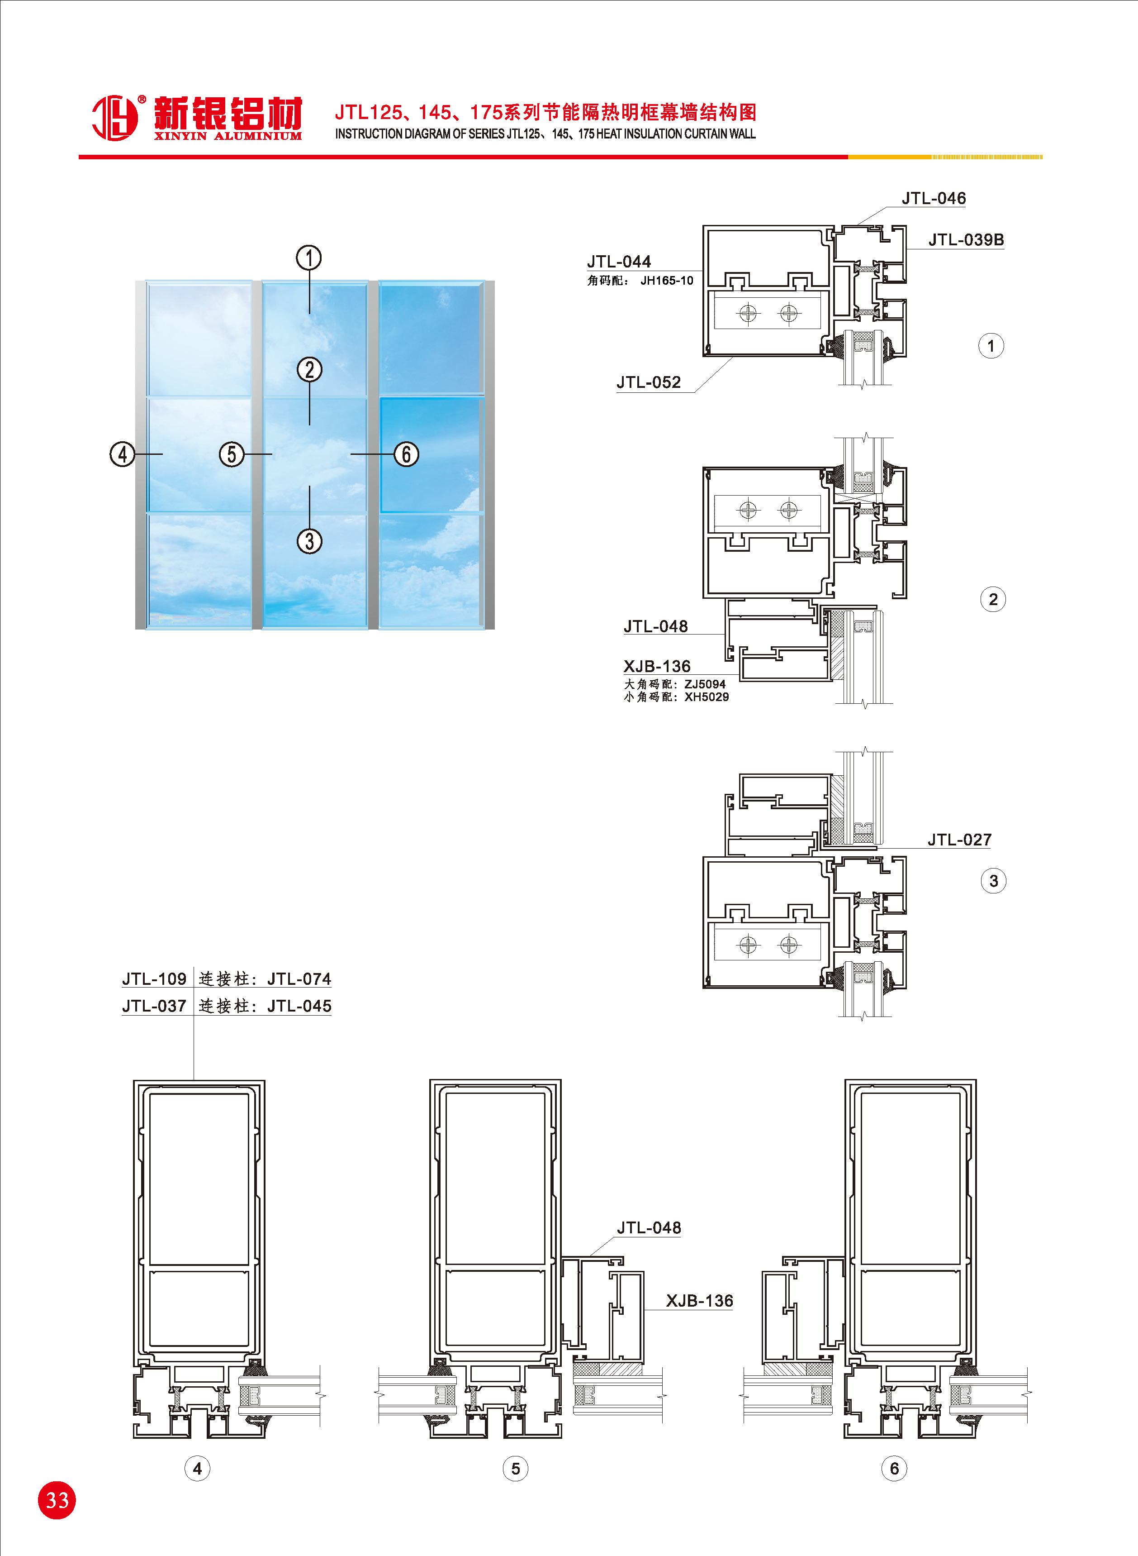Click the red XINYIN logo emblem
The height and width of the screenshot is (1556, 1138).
(x=115, y=118)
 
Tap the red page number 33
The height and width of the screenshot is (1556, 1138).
(x=57, y=1500)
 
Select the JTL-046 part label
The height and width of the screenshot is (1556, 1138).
(x=934, y=199)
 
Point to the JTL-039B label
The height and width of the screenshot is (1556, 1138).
(x=966, y=240)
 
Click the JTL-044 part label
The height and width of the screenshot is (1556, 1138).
(x=619, y=262)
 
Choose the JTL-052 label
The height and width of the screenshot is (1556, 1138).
(x=648, y=382)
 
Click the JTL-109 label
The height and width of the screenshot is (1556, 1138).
(x=154, y=979)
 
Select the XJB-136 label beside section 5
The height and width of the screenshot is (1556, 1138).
(x=699, y=1301)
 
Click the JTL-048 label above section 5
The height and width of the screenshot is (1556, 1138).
(x=649, y=1228)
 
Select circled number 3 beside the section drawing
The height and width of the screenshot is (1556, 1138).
(x=993, y=881)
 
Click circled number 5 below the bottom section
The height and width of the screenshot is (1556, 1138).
(x=515, y=1469)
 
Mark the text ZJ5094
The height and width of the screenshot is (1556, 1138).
(x=705, y=684)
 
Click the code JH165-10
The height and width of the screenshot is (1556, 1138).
(x=667, y=281)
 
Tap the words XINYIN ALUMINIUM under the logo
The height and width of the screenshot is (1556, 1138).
(x=228, y=136)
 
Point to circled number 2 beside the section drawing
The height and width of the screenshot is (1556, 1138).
(x=993, y=600)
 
